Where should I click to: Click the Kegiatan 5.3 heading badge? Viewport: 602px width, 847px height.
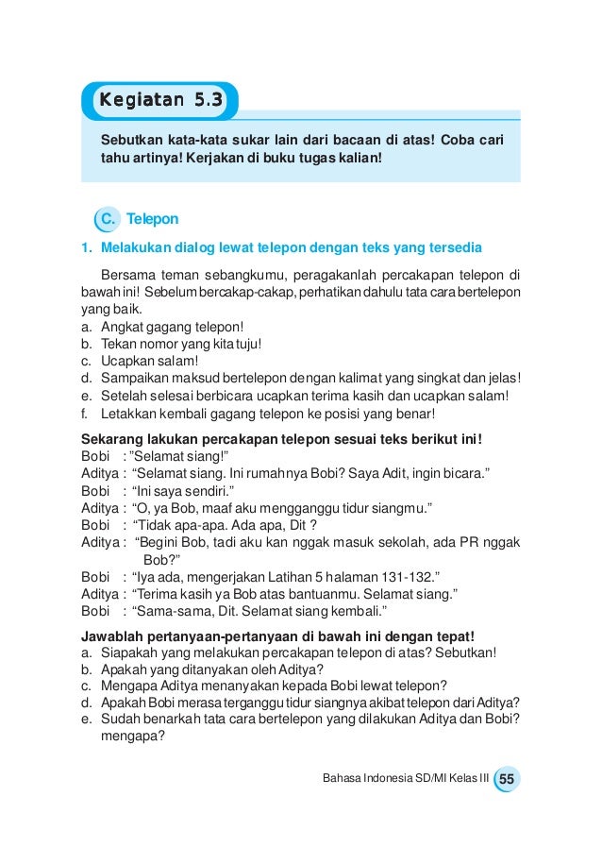coord(161,99)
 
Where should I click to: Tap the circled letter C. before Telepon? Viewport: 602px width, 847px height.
coord(108,219)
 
